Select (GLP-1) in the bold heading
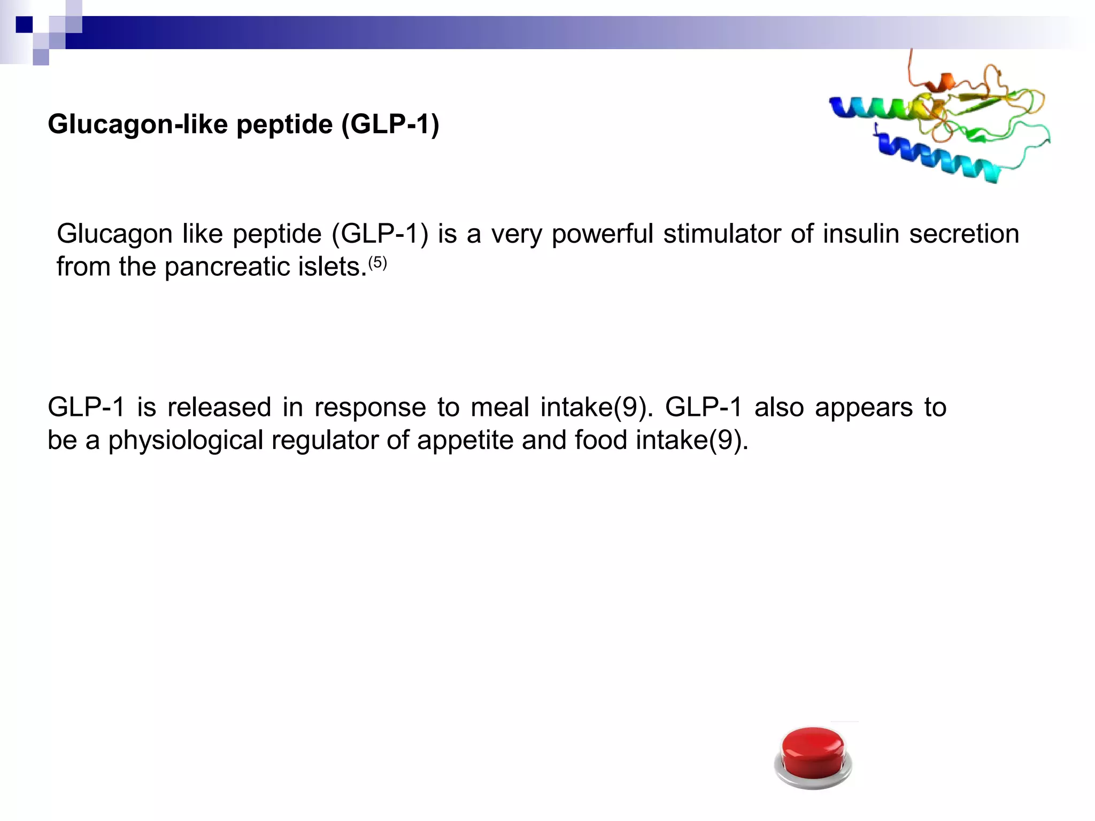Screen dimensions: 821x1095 [x=390, y=125]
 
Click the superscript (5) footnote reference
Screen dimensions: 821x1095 [x=377, y=263]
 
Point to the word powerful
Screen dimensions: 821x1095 [x=603, y=235]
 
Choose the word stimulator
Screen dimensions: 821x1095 [x=722, y=235]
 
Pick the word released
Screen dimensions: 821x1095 [x=219, y=408]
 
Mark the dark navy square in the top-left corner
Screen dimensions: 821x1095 [x=24, y=25]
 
